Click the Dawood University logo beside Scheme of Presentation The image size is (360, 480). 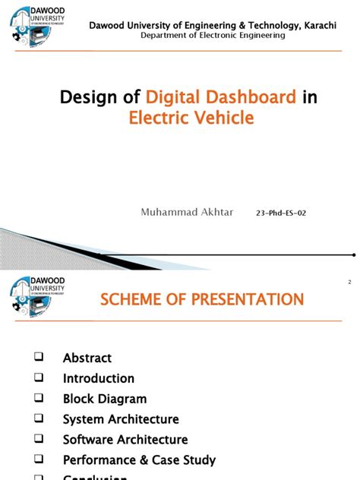pyautogui.click(x=39, y=297)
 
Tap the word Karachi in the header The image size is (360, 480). pyautogui.click(x=320, y=26)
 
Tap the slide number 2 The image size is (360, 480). pyautogui.click(x=349, y=283)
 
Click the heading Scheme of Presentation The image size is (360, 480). pyautogui.click(x=203, y=300)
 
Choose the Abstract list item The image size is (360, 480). pyautogui.click(x=87, y=358)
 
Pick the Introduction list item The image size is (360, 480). pyautogui.click(x=99, y=378)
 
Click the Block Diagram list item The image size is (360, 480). pyautogui.click(x=105, y=399)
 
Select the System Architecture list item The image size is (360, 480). pyautogui.click(x=121, y=419)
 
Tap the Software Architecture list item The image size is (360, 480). pyautogui.click(x=125, y=440)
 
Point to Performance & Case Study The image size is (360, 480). pyautogui.click(x=139, y=460)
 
